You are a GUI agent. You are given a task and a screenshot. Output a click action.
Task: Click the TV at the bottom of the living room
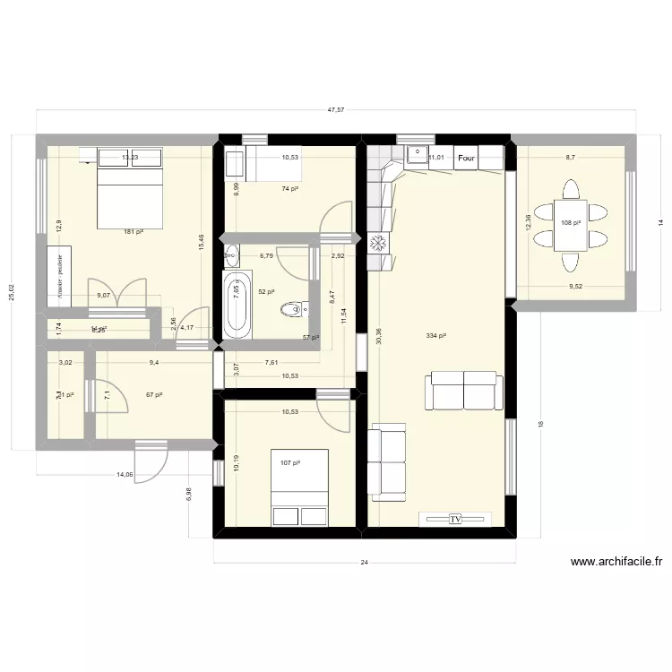coord(455,519)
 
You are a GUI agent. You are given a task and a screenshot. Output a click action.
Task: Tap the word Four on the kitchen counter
coord(466,159)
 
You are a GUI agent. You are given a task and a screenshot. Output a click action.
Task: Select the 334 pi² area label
coord(437,337)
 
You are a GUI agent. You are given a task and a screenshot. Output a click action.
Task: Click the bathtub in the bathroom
coord(237,305)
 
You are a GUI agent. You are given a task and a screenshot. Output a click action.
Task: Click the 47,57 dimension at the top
coord(336,109)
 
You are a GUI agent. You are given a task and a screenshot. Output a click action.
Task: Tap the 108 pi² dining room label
coord(570,223)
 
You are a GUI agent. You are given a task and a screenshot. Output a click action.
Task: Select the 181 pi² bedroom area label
coord(134,232)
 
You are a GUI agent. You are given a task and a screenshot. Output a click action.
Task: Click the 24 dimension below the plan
coord(365,564)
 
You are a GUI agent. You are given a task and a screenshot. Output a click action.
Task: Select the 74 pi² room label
coord(289,189)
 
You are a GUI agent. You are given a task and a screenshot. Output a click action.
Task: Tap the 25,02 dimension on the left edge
coord(12,294)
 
